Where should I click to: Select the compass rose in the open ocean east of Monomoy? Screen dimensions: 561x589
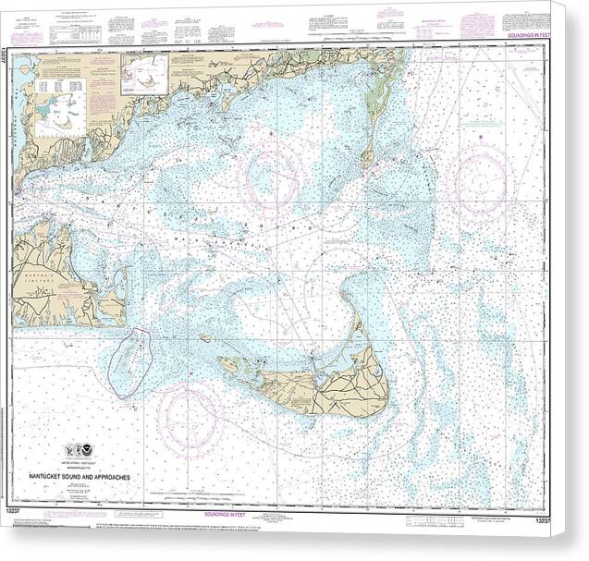(480, 180)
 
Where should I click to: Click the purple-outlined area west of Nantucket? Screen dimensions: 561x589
(130, 361)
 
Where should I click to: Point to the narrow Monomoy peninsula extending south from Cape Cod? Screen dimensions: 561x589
(378, 111)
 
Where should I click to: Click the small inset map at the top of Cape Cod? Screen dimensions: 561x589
(145, 74)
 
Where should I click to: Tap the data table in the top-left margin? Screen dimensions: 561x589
(75, 32)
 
